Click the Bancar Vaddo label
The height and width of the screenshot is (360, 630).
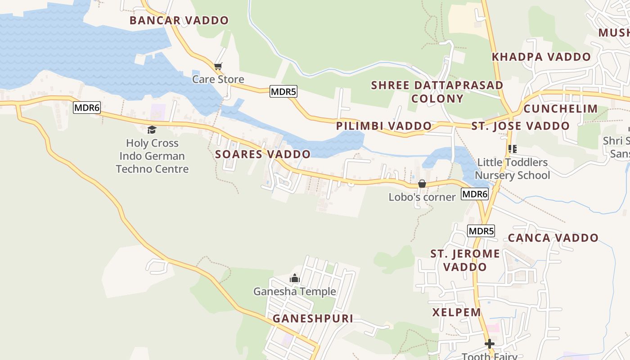point(179,20)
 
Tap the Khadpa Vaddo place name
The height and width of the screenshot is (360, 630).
point(541,57)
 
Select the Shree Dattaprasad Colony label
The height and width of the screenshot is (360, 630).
point(437,92)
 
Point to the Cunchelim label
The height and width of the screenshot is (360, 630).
point(560,108)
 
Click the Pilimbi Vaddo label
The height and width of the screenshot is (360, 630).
point(384,126)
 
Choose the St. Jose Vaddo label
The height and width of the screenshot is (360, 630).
point(521,126)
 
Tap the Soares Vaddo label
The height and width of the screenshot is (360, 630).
point(263,154)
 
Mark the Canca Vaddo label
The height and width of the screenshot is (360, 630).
point(553,238)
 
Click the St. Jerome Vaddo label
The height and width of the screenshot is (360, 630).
point(465,260)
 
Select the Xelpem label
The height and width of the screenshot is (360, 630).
point(457,312)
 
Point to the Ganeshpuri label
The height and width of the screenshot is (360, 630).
point(313,319)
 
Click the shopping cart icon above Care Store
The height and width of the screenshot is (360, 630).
point(218,67)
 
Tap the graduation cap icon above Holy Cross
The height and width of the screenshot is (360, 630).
point(152,130)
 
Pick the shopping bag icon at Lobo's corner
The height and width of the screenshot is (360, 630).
point(422,184)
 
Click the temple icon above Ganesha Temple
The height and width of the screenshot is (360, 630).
point(295,278)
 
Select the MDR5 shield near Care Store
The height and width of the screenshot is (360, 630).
point(283,92)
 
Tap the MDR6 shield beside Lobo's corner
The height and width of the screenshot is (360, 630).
point(475,194)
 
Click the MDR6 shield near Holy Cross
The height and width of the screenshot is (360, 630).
point(87,108)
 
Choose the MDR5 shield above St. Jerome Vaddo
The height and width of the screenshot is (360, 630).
point(481,231)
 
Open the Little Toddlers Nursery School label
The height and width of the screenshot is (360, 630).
point(513,169)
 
